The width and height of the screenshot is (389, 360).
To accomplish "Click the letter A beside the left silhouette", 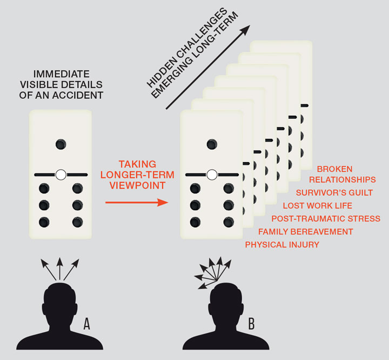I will click(87, 324).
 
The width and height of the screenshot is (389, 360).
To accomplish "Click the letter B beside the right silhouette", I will click(252, 324).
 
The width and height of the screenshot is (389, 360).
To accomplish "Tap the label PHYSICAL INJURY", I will click(282, 245).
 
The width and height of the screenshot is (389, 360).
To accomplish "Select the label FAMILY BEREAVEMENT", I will click(305, 232).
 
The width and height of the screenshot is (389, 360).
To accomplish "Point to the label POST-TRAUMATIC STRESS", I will click(325, 219).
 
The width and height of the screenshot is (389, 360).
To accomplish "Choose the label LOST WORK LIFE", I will click(317, 206).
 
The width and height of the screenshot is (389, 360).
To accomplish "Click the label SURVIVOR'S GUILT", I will click(334, 192).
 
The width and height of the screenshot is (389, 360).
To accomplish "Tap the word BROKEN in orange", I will click(334, 169).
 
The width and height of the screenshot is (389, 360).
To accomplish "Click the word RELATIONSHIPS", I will click(346, 179).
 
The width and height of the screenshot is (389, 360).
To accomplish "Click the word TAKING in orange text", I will click(137, 164).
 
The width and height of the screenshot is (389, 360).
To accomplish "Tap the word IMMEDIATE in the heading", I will click(60, 74).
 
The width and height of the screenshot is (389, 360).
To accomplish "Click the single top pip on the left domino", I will click(61, 144).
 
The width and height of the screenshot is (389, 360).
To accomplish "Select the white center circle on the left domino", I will click(61, 174).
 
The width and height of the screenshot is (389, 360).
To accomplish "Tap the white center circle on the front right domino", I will click(212, 174).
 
